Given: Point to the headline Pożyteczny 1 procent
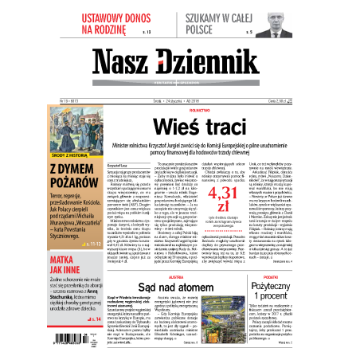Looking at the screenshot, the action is click(x=319, y=289).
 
